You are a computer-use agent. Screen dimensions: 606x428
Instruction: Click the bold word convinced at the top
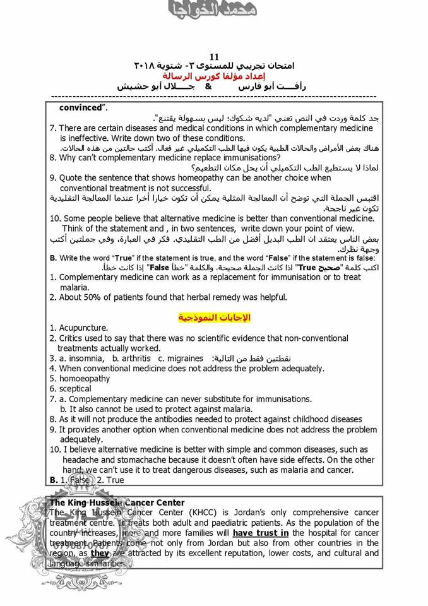[81, 107]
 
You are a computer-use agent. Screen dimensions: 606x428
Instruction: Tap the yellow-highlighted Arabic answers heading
[213, 316]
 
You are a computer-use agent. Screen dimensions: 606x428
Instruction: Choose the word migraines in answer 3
[185, 358]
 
